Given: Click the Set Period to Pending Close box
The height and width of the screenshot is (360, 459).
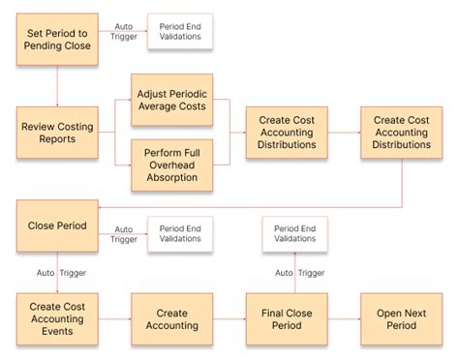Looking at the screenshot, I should click(x=57, y=39).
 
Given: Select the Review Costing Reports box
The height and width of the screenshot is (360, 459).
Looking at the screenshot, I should click(x=57, y=133).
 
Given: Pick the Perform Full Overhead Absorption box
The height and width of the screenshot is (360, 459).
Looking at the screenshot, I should click(x=170, y=165).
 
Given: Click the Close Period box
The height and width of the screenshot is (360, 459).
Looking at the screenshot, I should click(x=57, y=226).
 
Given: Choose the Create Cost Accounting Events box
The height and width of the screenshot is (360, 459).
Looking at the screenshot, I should click(x=57, y=319).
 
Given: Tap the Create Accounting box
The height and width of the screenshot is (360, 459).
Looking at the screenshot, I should click(x=171, y=319).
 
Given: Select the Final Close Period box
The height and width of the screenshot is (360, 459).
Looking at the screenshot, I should click(x=287, y=319).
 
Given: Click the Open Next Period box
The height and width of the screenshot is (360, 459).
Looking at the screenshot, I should click(x=401, y=319).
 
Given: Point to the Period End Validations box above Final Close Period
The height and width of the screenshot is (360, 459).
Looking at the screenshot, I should click(x=294, y=232).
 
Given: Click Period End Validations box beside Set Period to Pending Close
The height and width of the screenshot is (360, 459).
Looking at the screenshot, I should click(x=180, y=32).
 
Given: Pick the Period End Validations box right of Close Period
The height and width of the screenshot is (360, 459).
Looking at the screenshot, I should click(x=180, y=233).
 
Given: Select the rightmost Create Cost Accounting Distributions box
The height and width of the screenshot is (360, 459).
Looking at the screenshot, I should click(x=401, y=133).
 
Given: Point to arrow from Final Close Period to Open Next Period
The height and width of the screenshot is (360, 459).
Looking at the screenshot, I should click(x=344, y=319).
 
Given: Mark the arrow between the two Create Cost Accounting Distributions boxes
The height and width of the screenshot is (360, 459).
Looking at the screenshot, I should click(x=344, y=133).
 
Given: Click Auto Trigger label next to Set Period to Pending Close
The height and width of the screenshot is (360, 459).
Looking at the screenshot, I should click(x=123, y=33).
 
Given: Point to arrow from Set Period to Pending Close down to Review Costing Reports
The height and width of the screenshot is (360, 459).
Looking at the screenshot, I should click(x=57, y=85).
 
